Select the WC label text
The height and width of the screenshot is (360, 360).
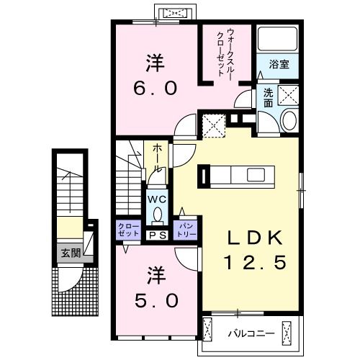[156, 197]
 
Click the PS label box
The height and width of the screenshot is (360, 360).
[156, 235]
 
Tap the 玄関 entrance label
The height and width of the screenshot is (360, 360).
[70, 253]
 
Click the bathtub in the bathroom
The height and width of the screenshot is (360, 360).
[277, 39]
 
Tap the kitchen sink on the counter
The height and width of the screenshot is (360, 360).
[257, 175]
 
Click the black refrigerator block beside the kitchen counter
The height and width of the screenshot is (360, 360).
[205, 175]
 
